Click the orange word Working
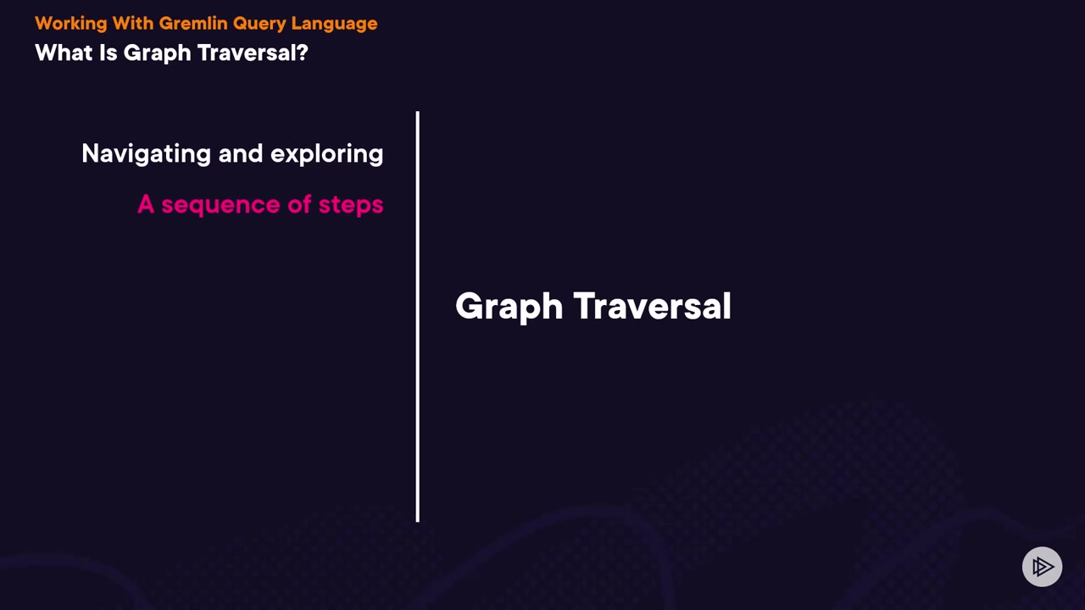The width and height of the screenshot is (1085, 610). click(x=70, y=24)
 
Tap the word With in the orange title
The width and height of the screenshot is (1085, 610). click(x=133, y=23)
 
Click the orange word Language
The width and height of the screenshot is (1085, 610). click(x=334, y=24)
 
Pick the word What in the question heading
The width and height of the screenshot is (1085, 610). click(x=64, y=53)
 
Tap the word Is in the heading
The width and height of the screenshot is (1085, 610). click(x=108, y=53)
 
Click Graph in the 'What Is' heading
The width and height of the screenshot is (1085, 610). click(x=158, y=53)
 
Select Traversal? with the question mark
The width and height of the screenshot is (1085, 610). click(x=253, y=53)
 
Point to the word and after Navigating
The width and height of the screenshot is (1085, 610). click(x=241, y=153)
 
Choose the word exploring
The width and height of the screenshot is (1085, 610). click(x=327, y=154)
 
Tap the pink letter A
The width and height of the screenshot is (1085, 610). click(x=146, y=204)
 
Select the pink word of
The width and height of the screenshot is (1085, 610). click(x=300, y=204)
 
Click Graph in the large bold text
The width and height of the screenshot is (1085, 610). click(x=509, y=307)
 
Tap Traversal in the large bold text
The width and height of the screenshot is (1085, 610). click(x=652, y=306)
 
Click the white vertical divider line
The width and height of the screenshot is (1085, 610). click(x=418, y=317)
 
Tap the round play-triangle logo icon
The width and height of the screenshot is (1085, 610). click(x=1042, y=567)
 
